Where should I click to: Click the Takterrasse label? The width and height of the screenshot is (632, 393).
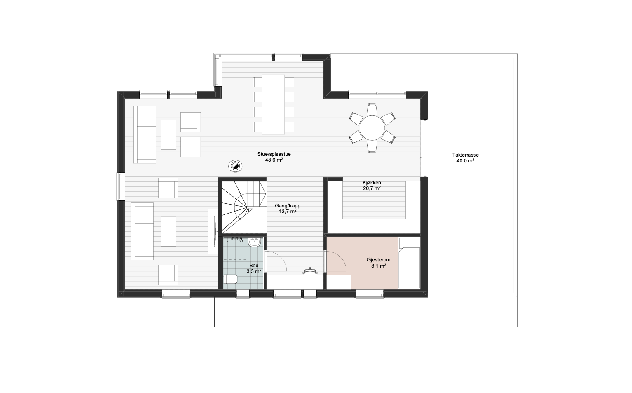pyautogui.click(x=465, y=155)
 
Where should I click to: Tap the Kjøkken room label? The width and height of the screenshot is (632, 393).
pyautogui.click(x=372, y=183)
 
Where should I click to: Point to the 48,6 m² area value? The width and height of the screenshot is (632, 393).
pyautogui.click(x=274, y=160)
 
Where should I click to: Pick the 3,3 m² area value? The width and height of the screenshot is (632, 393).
pyautogui.click(x=254, y=271)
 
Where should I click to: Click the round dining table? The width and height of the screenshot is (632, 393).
pyautogui.click(x=372, y=128)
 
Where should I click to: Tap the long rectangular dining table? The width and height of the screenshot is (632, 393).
pyautogui.click(x=274, y=104)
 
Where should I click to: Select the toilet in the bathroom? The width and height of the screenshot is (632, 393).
pyautogui.click(x=230, y=279)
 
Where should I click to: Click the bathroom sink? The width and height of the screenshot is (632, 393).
pyautogui.click(x=255, y=242)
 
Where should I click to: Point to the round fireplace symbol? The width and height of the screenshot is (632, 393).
pyautogui.click(x=235, y=166)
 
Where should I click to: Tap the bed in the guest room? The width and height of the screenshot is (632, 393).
pyautogui.click(x=409, y=263)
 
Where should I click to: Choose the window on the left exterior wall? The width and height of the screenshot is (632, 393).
pyautogui.click(x=121, y=186)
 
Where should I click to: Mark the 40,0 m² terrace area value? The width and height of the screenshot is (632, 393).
pyautogui.click(x=465, y=161)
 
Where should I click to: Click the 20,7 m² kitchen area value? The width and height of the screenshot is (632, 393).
pyautogui.click(x=372, y=188)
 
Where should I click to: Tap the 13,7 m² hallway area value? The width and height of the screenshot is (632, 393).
pyautogui.click(x=288, y=212)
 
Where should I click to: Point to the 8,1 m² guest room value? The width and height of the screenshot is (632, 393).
pyautogui.click(x=379, y=266)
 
